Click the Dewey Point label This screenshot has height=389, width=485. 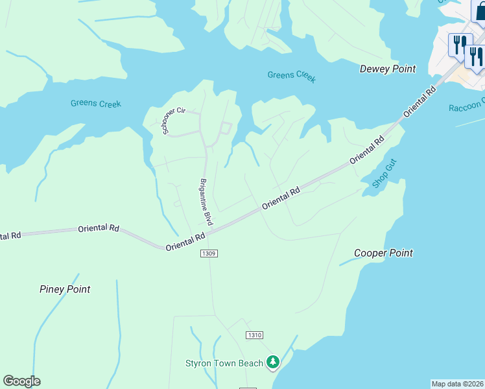coord(387,69)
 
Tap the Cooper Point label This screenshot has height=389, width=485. coord(383,253)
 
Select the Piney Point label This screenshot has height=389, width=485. coord(65,289)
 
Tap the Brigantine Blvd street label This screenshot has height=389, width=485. coord(206,202)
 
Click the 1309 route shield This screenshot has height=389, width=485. coord(208,253)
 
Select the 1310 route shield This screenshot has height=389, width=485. coord(254,335)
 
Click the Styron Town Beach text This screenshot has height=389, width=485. coord(224,363)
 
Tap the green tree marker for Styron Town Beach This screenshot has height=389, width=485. coord(274,362)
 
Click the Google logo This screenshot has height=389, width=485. coord(21,381)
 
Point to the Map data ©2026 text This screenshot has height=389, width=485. coord(457,384)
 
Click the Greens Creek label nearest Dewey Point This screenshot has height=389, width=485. coord(292,76)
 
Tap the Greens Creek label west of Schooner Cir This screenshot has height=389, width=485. coord(95,104)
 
